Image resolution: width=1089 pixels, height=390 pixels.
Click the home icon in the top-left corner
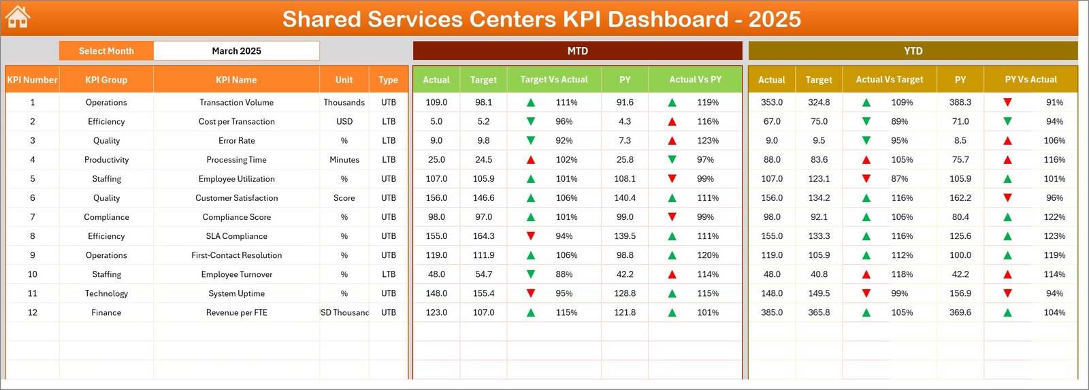[x=17, y=17]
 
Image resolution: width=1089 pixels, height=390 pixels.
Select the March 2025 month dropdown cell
[x=236, y=51]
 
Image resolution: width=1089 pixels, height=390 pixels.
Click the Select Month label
[x=106, y=51]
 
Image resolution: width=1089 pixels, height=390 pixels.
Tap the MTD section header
[x=577, y=51]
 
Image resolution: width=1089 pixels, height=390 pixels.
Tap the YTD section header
[x=913, y=51]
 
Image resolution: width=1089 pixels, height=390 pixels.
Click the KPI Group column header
[x=106, y=80]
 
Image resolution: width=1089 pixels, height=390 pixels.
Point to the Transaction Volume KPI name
[x=236, y=102]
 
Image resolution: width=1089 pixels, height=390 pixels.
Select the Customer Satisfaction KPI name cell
[x=236, y=198]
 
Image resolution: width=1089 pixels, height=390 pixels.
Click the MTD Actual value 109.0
[x=436, y=102]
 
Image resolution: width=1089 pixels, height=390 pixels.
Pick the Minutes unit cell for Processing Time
[x=344, y=160]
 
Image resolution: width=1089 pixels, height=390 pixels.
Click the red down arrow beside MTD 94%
[x=531, y=236]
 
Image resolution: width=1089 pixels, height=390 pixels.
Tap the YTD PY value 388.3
[x=960, y=102]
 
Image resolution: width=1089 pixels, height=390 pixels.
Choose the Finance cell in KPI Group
[x=106, y=312]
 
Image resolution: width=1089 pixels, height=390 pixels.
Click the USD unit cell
[x=344, y=121]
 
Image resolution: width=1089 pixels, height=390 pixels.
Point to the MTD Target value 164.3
[x=483, y=236]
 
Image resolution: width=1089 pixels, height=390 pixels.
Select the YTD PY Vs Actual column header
[x=1030, y=80]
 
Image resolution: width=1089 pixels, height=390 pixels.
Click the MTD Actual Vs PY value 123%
[x=708, y=141]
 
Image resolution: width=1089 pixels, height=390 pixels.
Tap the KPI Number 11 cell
[x=32, y=293]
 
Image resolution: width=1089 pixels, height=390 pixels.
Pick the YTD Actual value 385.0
[x=771, y=312]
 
